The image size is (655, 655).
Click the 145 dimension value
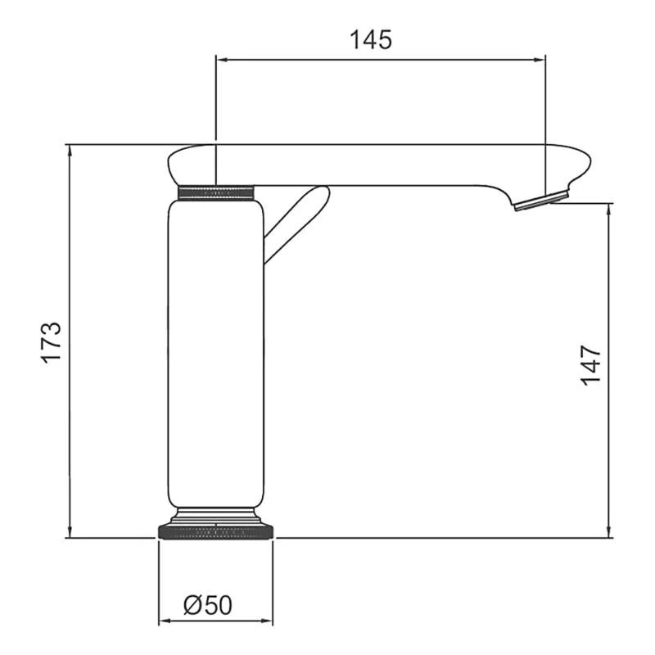point(372,38)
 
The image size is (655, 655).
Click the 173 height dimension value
point(52,342)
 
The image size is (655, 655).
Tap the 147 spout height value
point(590,365)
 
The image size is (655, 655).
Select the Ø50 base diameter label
point(209,605)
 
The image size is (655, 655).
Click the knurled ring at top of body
point(216,192)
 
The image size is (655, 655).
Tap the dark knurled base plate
point(216,532)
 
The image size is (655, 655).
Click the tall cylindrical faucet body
point(216,352)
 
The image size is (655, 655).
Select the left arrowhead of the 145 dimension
point(220,59)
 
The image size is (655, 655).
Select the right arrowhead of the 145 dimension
point(540,59)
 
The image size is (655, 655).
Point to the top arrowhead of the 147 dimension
point(610,208)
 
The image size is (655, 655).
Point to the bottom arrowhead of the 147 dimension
point(610,533)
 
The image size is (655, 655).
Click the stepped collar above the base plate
point(216,516)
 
